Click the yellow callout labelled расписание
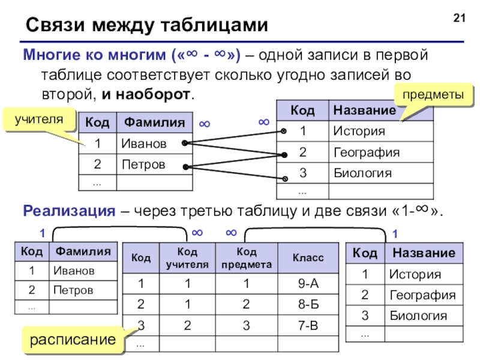click(73, 340)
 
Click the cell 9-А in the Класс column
click(308, 283)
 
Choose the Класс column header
click(308, 258)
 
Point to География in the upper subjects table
click(366, 152)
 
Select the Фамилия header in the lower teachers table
click(83, 251)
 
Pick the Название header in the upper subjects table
click(364, 110)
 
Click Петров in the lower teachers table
click(73, 290)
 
